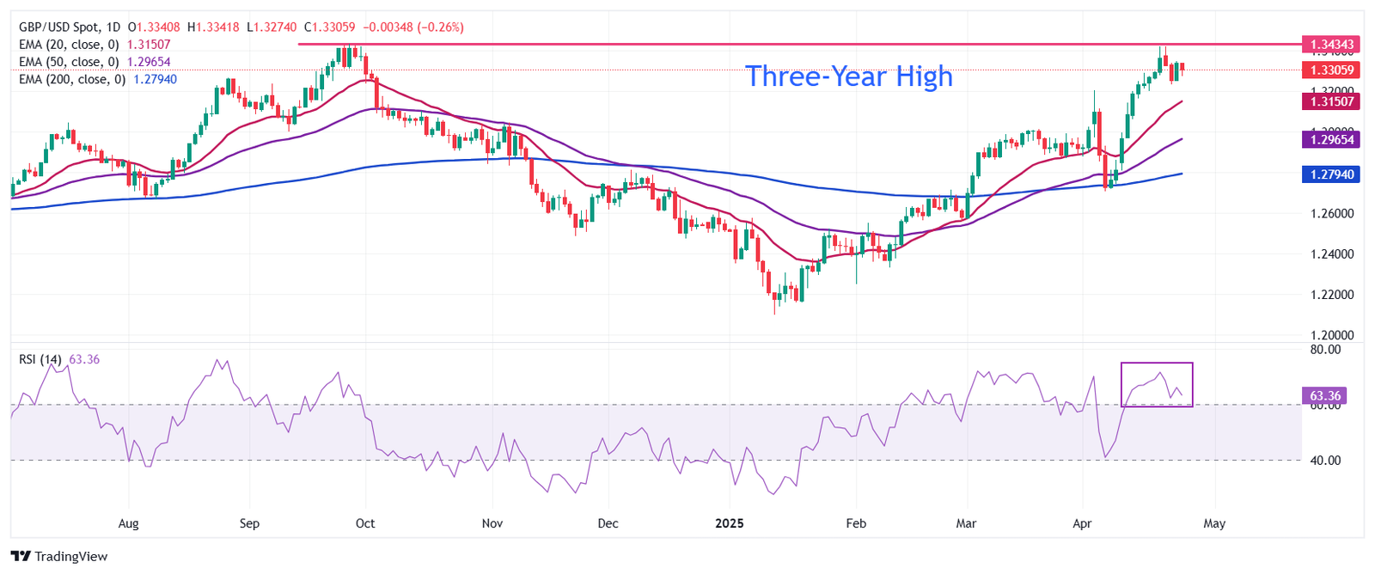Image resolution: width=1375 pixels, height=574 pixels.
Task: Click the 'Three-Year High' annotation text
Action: click(x=848, y=76)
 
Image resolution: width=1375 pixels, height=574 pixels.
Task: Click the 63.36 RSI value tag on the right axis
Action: click(x=1325, y=396)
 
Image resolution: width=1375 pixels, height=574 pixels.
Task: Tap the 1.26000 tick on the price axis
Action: click(x=1332, y=213)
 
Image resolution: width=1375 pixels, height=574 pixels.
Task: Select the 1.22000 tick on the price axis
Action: click(x=1332, y=295)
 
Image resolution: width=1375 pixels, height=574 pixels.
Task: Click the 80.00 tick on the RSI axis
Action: click(x=1325, y=350)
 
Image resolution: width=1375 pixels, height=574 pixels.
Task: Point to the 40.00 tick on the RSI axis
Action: click(x=1325, y=461)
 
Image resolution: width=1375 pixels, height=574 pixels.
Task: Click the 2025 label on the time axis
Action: click(x=730, y=523)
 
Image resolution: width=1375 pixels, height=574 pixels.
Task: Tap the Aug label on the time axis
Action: click(x=128, y=523)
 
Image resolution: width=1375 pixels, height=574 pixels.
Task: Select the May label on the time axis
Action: click(x=1214, y=523)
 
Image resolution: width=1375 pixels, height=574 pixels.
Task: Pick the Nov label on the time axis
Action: click(x=492, y=523)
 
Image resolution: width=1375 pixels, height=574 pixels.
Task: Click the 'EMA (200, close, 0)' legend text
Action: click(x=72, y=79)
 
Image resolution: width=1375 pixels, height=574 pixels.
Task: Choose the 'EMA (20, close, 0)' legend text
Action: click(x=69, y=45)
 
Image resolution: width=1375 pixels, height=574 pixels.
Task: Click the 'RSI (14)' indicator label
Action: click(x=40, y=359)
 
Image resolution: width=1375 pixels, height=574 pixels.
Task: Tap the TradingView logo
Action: click(x=59, y=556)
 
